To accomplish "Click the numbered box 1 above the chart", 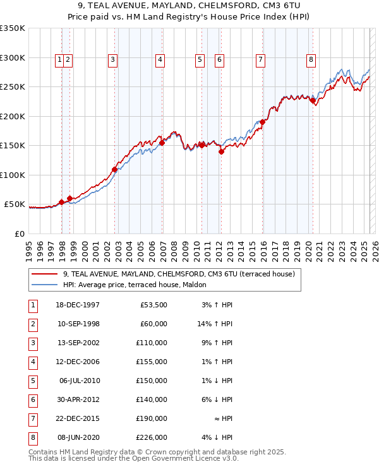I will tap(59, 60).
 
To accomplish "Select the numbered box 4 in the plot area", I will tap(160, 60).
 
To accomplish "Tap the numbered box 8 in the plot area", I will tap(311, 60).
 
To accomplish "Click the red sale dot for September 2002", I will tap(114, 169).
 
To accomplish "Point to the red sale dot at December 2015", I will tap(262, 122).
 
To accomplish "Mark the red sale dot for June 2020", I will tap(312, 100).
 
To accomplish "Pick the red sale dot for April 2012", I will tap(222, 151).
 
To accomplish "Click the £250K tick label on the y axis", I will tap(13, 87).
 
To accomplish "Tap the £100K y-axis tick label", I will tap(13, 175).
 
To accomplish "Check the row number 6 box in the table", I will tap(32, 399).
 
